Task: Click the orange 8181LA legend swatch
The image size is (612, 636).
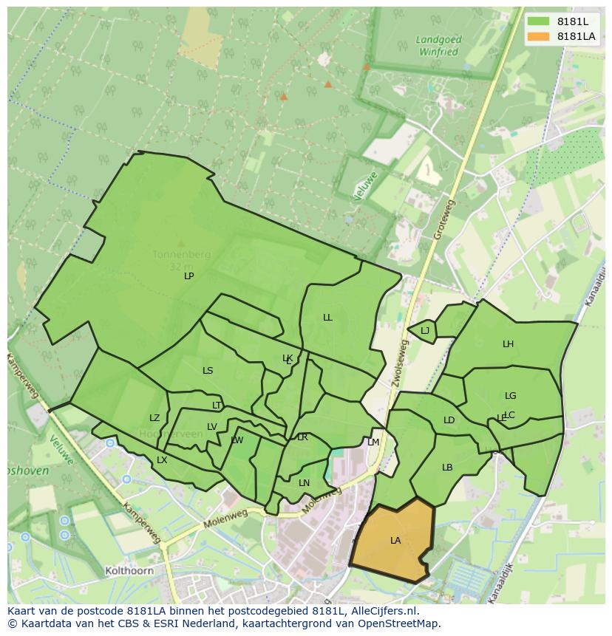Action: [538, 36]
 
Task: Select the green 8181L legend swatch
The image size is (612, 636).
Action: [538, 21]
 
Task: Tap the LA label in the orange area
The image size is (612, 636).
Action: [395, 541]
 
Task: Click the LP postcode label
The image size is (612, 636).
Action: [189, 276]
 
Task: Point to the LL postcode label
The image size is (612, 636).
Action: [327, 318]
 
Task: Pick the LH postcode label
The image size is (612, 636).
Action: [508, 344]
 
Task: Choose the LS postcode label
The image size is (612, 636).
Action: [208, 371]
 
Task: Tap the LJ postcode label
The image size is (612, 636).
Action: [425, 331]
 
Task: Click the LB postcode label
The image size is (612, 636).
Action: [447, 468]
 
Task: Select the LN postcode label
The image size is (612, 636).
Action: [304, 483]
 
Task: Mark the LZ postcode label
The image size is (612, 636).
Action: [154, 418]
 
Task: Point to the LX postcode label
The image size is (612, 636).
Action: [162, 460]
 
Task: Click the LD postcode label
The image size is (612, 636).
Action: [449, 420]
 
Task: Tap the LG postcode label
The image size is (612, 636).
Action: [510, 396]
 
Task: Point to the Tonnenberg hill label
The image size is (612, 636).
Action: [181, 255]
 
